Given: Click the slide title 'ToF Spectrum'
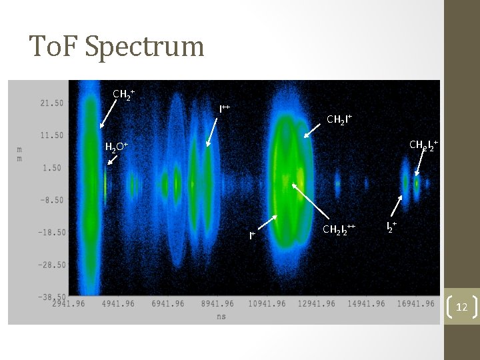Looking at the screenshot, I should coord(117,47).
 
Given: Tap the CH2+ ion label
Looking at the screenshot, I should coord(124,94).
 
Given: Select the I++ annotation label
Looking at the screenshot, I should coord(225,108).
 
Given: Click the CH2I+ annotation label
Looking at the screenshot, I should coord(339,120).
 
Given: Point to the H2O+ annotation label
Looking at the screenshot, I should coord(116,147).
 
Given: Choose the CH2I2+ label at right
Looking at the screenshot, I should coord(423,145).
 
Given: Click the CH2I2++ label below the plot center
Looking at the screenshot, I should coord(339,230).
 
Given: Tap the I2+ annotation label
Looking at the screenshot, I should coord(392,227).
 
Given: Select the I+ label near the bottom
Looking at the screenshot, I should coord(253,235).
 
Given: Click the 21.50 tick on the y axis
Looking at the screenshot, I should coord(51,103).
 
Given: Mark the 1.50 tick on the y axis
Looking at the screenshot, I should coord(53,167).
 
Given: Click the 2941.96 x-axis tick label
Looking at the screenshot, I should coord(71,304).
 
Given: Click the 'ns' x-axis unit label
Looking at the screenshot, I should coord(221,316).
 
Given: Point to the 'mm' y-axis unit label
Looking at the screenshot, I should coord(20,154).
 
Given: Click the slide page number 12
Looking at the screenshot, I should coord(462,307).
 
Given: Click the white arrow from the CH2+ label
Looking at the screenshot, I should coord(108,113).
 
